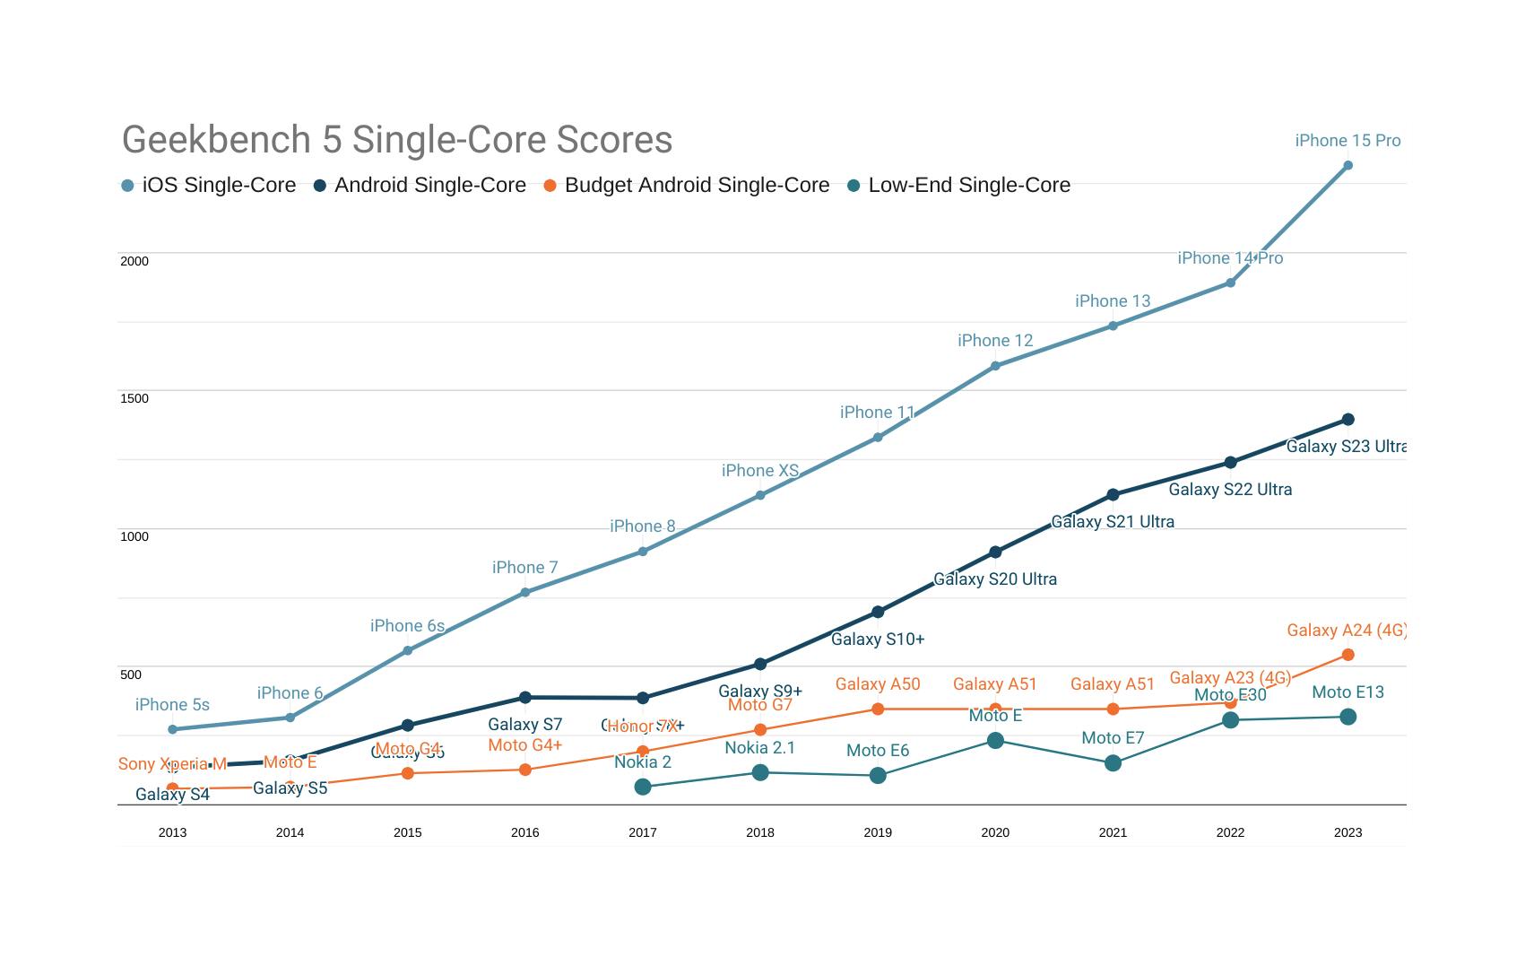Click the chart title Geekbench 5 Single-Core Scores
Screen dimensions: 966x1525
tap(397, 140)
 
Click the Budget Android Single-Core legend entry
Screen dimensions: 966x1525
tap(687, 186)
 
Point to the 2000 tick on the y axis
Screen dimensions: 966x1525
tap(134, 261)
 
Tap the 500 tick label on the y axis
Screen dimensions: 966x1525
tap(131, 674)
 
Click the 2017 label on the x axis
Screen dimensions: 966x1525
tap(643, 832)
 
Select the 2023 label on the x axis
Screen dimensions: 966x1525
tap(1347, 832)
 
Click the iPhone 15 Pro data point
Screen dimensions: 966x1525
tap(1347, 166)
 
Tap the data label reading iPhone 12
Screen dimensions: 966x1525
tap(995, 341)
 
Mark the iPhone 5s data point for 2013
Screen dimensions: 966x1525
tap(173, 729)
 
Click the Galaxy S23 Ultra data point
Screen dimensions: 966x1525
tap(1347, 420)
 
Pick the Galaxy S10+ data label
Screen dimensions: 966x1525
tap(878, 640)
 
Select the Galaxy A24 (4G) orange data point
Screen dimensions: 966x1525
tap(1347, 655)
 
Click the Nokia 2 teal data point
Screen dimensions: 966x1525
tap(643, 787)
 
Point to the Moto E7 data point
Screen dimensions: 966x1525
tap(1113, 763)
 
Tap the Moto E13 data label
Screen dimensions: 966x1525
tap(1347, 692)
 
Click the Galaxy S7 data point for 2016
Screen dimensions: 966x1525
tap(525, 697)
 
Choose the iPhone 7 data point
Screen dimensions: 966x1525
tap(525, 592)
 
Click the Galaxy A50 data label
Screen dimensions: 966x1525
tap(878, 684)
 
